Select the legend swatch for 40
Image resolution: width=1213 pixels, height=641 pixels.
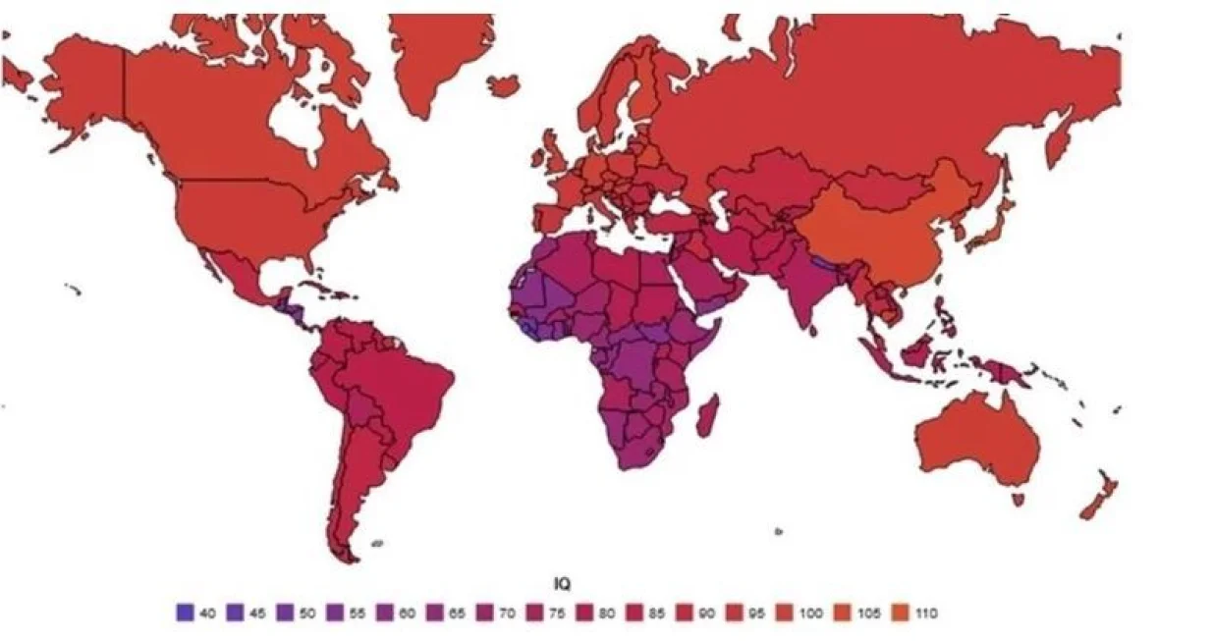coord(183,613)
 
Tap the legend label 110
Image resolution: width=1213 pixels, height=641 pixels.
coord(925,613)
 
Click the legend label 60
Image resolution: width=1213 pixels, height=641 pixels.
coord(408,613)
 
